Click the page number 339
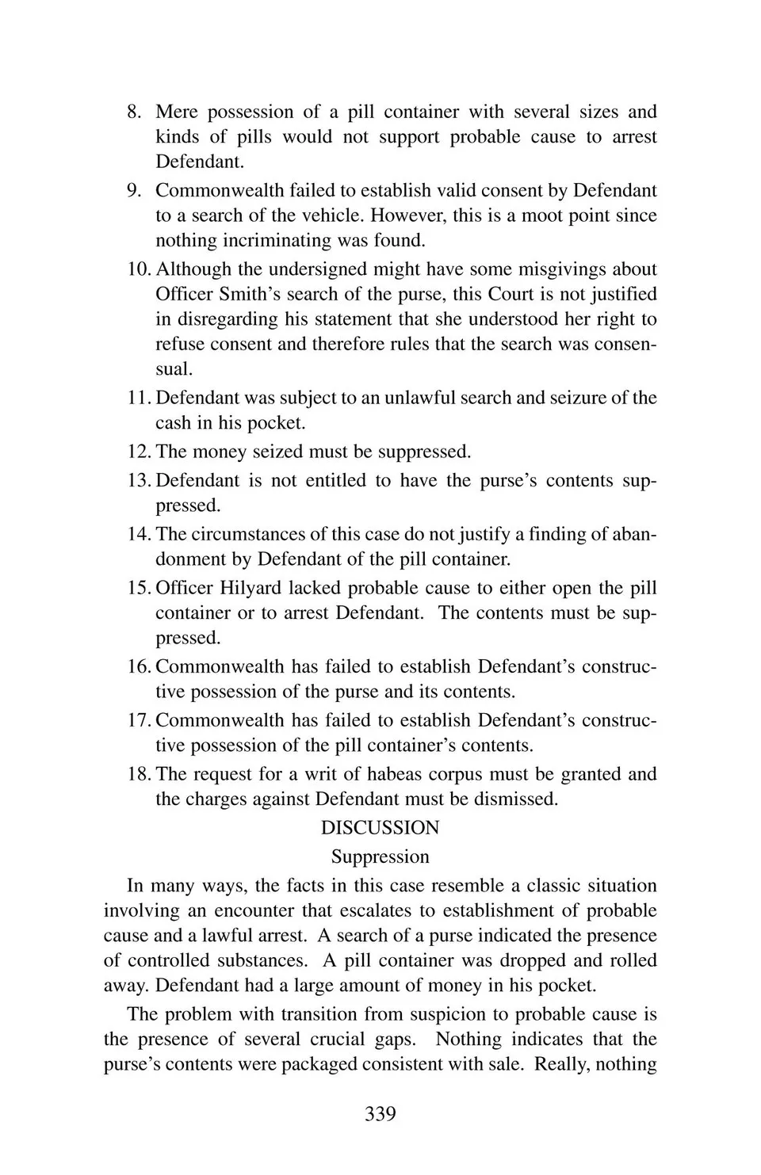(380, 1114)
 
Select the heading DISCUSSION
(380, 828)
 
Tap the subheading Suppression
(380, 856)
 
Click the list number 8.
(134, 112)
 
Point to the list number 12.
(139, 452)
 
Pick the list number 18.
(139, 774)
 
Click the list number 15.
(139, 588)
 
